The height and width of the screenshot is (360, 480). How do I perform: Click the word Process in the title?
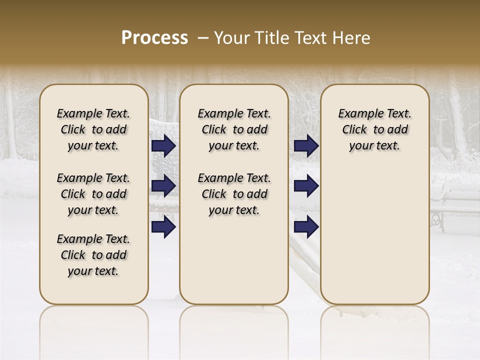click(154, 38)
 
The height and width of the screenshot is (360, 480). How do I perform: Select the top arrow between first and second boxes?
click(163, 145)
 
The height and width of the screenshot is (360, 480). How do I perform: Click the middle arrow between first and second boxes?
click(163, 186)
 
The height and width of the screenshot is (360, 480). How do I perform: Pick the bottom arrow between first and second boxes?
click(163, 227)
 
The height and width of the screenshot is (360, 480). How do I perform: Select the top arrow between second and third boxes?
click(306, 145)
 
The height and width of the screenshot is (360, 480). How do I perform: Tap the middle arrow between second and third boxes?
click(306, 186)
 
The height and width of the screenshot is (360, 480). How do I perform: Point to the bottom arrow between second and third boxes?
click(306, 227)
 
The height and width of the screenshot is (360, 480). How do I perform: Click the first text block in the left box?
click(93, 129)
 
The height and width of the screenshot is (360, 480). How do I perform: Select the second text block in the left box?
click(93, 194)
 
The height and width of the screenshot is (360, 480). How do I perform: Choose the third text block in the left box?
click(93, 255)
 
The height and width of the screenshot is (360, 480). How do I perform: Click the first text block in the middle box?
click(234, 129)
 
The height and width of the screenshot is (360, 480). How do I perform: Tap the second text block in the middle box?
click(234, 194)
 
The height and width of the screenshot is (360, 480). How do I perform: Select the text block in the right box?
click(374, 129)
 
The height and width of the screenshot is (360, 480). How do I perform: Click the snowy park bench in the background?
click(455, 205)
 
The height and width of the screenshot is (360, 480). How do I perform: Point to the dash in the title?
click(203, 38)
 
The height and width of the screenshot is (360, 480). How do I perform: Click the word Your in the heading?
click(231, 38)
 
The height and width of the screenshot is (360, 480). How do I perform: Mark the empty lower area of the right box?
click(374, 235)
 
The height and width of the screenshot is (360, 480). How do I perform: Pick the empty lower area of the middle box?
click(234, 260)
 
